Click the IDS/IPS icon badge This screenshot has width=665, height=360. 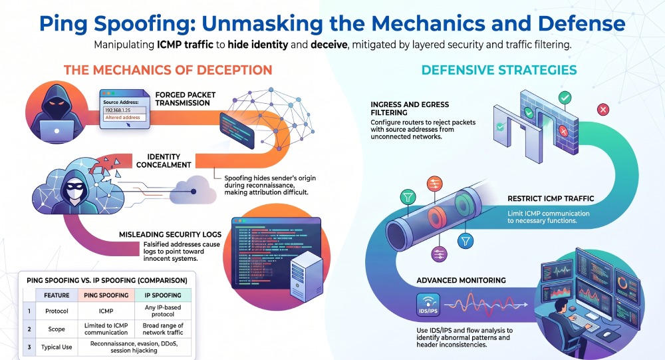428,305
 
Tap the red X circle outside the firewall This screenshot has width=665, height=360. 602,110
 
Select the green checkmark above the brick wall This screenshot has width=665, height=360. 565,98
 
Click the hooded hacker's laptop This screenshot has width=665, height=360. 57,130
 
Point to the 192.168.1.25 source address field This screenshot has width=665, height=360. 125,110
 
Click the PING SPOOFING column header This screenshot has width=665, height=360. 106,295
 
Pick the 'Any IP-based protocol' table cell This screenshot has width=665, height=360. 163,311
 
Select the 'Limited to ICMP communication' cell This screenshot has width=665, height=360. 106,329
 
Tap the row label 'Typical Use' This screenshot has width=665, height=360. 57,347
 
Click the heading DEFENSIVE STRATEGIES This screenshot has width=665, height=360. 499,70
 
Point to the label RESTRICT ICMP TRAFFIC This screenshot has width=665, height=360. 551,198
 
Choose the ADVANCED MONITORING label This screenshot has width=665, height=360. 461,280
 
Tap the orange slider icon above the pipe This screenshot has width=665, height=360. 435,184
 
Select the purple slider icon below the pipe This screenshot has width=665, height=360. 439,254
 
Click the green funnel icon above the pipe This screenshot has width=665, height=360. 408,198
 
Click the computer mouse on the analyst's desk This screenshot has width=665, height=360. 607,335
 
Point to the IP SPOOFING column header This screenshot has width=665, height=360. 163,295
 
